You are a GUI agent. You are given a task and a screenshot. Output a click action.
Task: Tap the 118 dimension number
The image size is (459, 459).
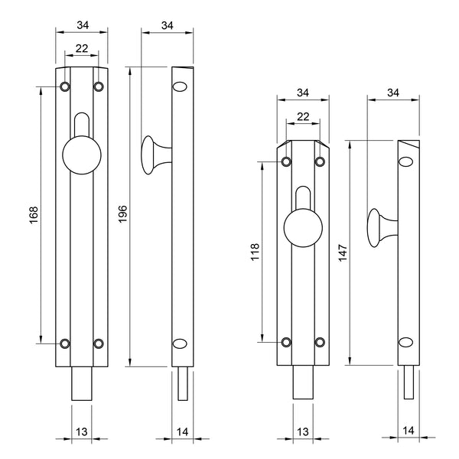(x=256, y=252)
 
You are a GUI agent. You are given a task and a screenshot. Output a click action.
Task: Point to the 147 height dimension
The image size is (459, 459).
(x=342, y=252)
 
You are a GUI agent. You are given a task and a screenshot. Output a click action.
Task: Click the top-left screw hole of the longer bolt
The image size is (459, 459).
(x=64, y=86)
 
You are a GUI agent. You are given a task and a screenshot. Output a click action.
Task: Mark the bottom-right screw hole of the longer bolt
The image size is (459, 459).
(x=98, y=343)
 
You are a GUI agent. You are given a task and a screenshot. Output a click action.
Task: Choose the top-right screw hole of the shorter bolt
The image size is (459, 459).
(x=320, y=161)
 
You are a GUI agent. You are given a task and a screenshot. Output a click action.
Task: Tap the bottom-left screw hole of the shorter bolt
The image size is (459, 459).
(x=286, y=342)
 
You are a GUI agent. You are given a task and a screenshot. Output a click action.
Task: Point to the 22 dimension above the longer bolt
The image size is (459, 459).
(x=81, y=49)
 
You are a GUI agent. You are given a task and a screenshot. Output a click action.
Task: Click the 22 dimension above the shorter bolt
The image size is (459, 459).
(x=302, y=116)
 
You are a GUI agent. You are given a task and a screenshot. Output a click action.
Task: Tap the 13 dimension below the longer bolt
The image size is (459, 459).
(x=81, y=431)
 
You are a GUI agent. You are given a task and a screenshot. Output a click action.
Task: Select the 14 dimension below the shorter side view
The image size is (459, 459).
(x=410, y=431)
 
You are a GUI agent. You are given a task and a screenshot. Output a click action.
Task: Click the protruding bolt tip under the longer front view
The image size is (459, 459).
(x=81, y=382)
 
